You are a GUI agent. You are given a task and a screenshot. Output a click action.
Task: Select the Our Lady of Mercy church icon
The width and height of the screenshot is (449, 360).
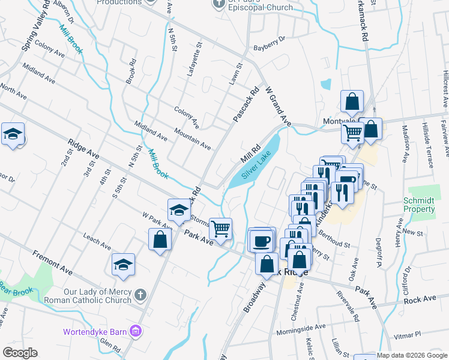(140, 295)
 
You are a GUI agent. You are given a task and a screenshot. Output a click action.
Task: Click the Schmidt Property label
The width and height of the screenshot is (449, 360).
(420, 205)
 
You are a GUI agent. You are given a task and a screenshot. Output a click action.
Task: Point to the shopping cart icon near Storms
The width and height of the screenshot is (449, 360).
(220, 228)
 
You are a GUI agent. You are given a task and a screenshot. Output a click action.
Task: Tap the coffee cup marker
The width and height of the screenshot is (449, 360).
(261, 241)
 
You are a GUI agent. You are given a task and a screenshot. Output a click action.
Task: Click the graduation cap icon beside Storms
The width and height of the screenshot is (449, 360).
(178, 210)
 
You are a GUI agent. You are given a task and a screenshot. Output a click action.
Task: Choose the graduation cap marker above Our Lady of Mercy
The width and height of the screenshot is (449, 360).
(123, 265)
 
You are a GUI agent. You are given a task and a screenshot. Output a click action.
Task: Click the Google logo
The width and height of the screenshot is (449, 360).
(20, 353)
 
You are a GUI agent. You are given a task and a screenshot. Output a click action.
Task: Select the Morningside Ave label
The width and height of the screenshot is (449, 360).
(301, 329)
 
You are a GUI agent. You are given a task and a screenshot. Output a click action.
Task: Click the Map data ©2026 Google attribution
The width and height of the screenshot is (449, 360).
(412, 355)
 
